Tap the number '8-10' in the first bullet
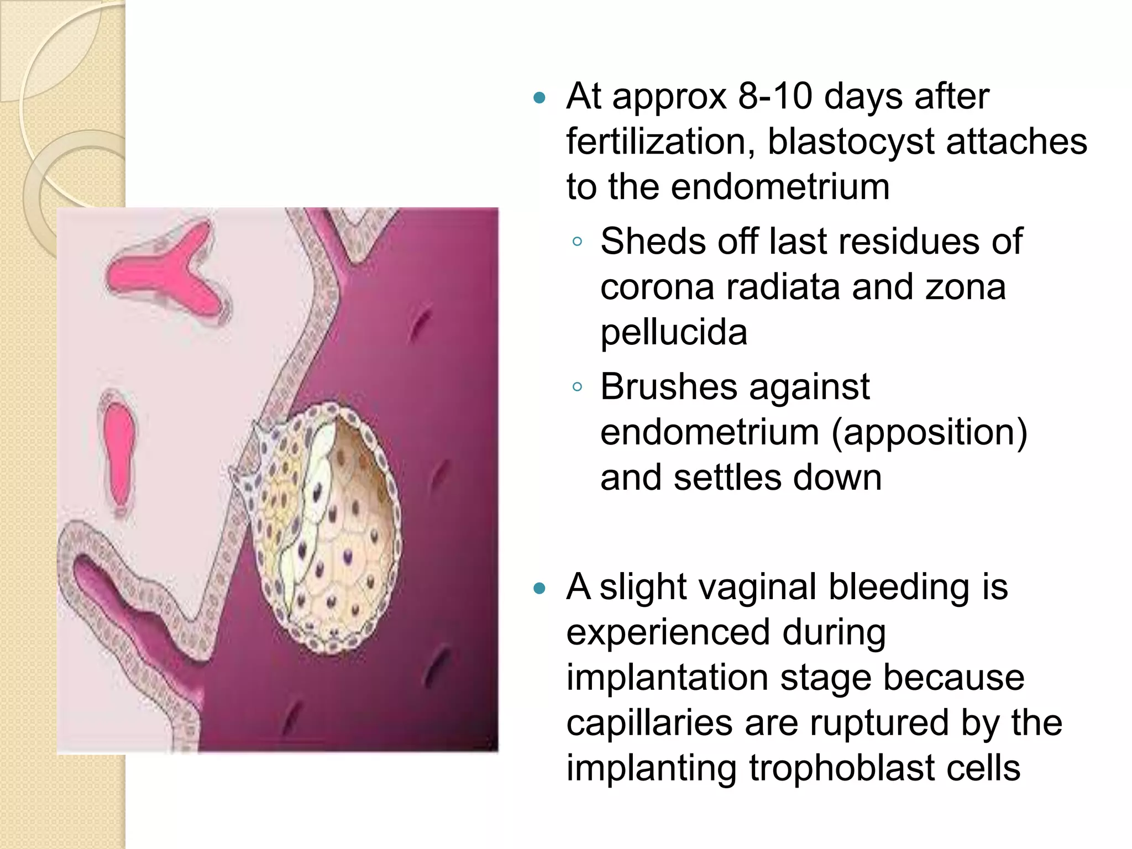point(775,96)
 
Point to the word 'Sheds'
point(645,242)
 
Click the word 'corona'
point(657,287)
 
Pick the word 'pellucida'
point(674,332)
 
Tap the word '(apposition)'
point(930,432)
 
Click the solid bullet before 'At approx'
point(539,99)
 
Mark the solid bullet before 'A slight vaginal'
point(539,589)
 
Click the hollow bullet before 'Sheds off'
point(577,242)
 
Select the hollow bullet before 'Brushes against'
point(577,387)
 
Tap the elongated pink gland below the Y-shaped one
point(118,450)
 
